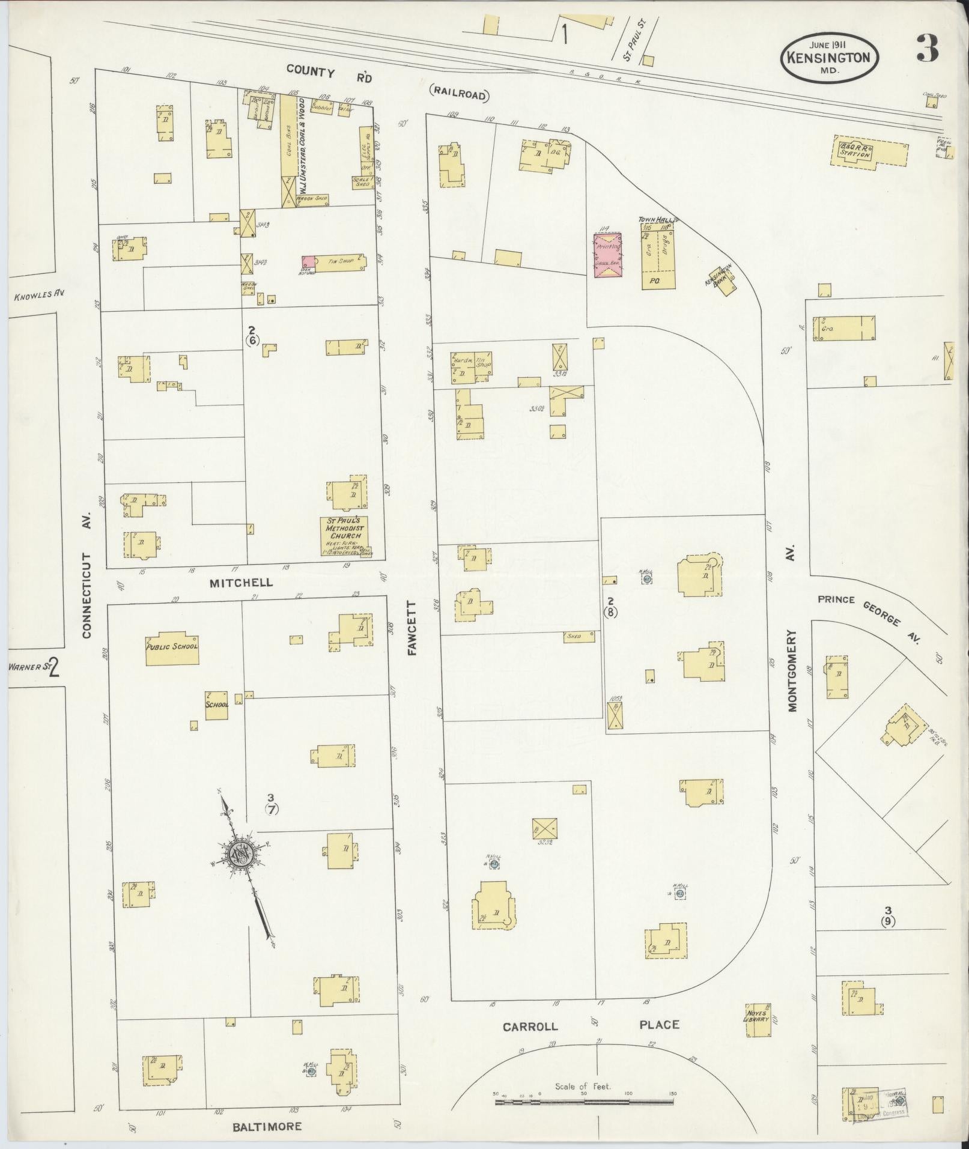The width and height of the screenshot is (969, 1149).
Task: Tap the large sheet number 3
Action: pyautogui.click(x=928, y=49)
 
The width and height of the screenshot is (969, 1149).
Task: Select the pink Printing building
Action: pyautogui.click(x=608, y=255)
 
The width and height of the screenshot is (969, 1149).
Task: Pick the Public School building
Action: pyautogui.click(x=172, y=648)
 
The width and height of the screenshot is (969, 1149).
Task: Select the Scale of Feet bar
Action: pyautogui.click(x=584, y=1102)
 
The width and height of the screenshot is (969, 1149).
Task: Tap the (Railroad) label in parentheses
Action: pyautogui.click(x=460, y=94)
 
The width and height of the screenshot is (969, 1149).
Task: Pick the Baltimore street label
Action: pyautogui.click(x=267, y=1126)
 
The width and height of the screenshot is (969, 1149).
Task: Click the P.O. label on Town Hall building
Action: pyautogui.click(x=652, y=280)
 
